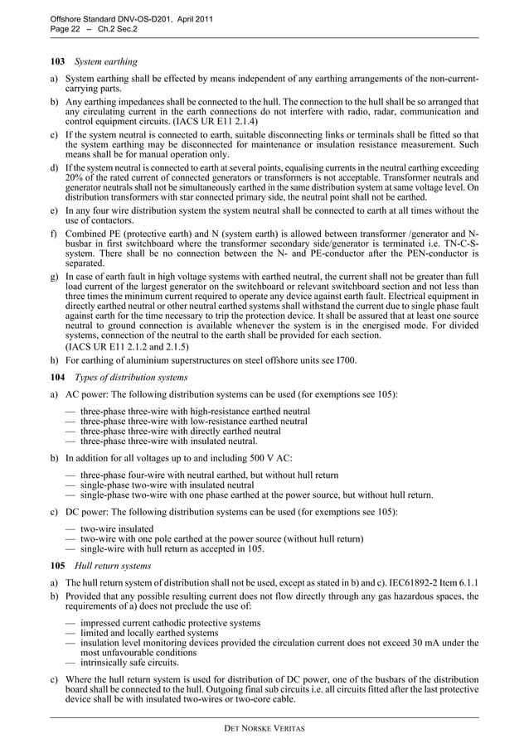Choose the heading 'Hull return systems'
point(113,567)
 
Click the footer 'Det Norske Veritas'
point(264,728)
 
